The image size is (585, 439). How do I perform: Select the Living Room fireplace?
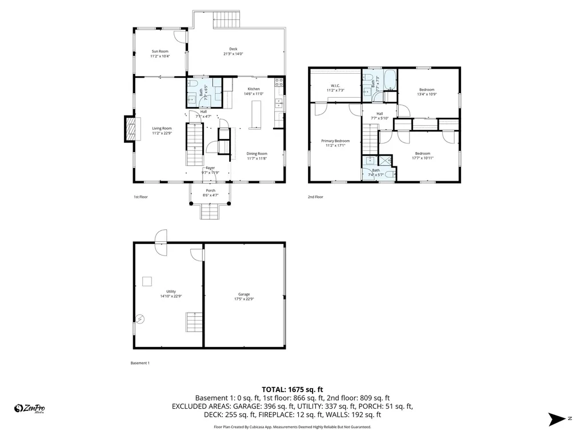click(x=131, y=129)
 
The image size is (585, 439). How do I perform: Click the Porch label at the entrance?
click(x=210, y=193)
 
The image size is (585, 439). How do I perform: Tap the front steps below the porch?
click(x=210, y=212)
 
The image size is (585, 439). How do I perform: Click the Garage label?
click(x=244, y=297)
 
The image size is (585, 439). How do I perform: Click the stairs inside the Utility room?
click(x=194, y=322)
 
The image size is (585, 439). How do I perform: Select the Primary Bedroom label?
click(x=335, y=143)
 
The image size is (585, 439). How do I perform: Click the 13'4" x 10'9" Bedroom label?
click(x=426, y=91)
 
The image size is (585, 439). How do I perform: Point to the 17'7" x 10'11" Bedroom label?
click(x=422, y=155)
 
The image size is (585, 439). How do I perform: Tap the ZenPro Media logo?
click(x=30, y=408)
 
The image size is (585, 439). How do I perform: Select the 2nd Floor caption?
click(x=316, y=197)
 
